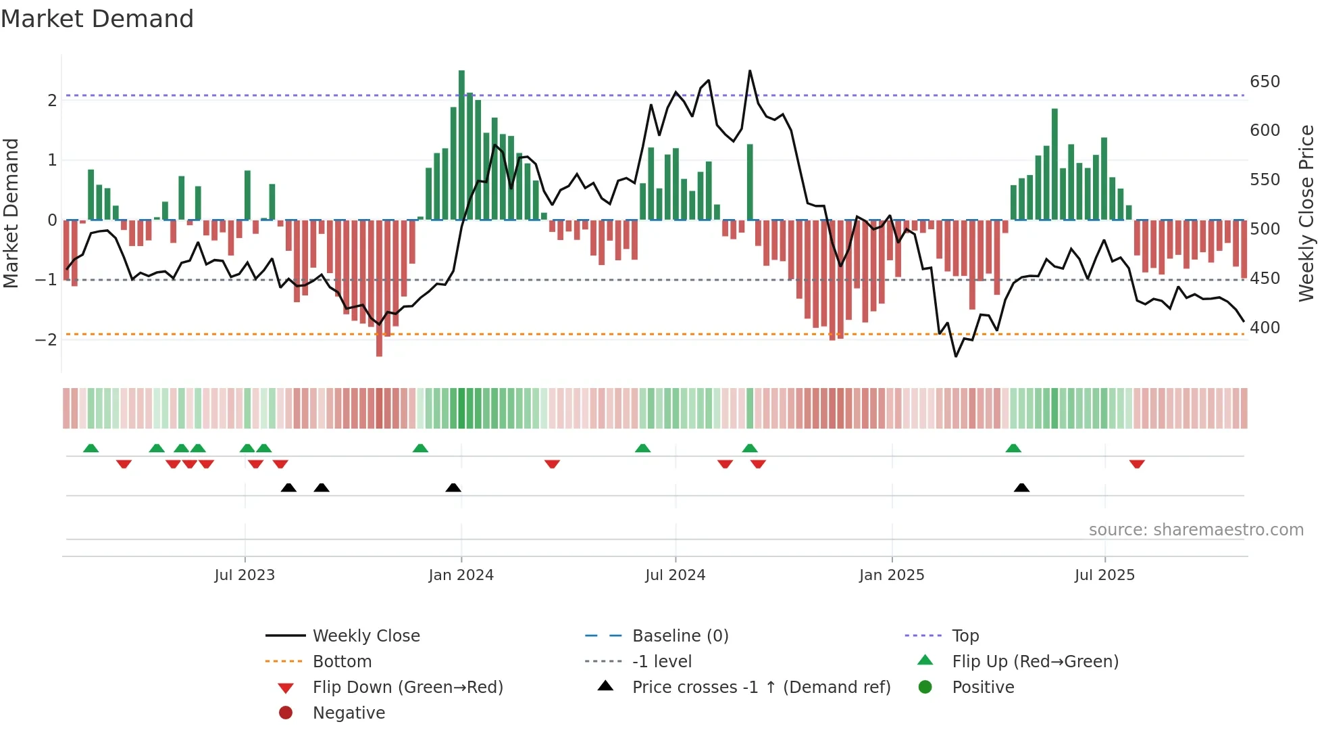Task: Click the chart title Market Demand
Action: click(x=97, y=19)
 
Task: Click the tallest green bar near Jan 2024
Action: click(x=461, y=145)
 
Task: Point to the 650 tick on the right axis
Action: click(x=1265, y=82)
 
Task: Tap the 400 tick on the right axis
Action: click(x=1265, y=328)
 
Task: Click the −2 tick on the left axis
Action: click(x=46, y=339)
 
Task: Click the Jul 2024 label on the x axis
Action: click(x=675, y=575)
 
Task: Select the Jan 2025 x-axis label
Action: click(x=891, y=575)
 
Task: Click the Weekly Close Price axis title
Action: click(x=1307, y=213)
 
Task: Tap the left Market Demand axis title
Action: click(x=11, y=213)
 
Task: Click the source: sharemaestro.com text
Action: click(x=1196, y=530)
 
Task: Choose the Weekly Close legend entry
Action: click(x=365, y=636)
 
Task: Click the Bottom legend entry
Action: click(x=342, y=662)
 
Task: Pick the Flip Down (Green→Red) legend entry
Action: click(x=407, y=688)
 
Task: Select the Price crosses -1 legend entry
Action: click(x=761, y=688)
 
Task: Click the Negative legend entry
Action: click(x=349, y=713)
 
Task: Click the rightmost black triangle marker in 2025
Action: click(x=1021, y=488)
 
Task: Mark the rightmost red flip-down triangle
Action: click(x=1137, y=464)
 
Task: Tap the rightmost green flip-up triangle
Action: click(x=1013, y=448)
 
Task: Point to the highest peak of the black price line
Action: click(x=750, y=71)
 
